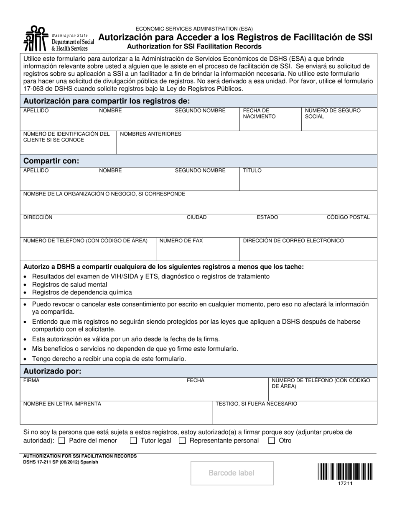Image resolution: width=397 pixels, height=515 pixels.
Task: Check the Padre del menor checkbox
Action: [x=62, y=440]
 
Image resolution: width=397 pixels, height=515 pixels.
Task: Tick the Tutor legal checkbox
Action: [x=133, y=440]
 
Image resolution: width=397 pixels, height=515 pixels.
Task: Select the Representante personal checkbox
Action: [x=182, y=440]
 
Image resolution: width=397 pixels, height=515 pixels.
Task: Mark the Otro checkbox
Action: [x=272, y=440]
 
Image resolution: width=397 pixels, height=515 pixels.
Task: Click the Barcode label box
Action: [x=232, y=473]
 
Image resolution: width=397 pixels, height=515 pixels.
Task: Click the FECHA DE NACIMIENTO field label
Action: [x=260, y=113]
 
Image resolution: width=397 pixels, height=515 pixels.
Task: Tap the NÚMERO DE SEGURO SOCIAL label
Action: [x=333, y=113]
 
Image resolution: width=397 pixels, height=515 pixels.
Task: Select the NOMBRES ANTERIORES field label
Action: [x=150, y=134]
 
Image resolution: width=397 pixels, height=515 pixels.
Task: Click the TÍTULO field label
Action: [x=252, y=170]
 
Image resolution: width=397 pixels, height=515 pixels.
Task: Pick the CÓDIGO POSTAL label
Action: [x=348, y=217]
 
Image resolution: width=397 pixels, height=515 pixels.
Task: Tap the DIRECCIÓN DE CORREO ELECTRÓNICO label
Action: [x=293, y=241]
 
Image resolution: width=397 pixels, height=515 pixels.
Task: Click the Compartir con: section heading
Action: [x=51, y=161]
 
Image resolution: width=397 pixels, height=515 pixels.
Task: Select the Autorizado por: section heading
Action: [x=52, y=371]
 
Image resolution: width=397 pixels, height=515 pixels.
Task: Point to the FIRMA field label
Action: [x=31, y=381]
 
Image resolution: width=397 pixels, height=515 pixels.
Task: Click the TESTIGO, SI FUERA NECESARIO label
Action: [x=256, y=404]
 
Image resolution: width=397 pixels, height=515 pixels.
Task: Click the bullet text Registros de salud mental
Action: [x=64, y=285]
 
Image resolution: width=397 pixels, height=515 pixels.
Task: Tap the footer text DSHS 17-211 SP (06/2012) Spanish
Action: [x=61, y=462]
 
